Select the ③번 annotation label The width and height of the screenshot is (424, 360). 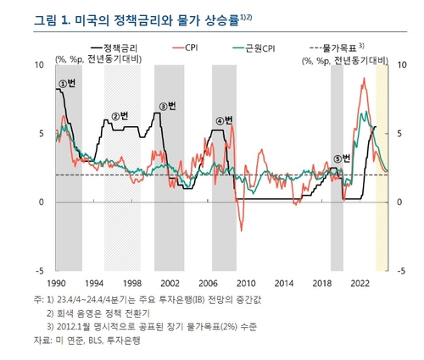coord(167,106)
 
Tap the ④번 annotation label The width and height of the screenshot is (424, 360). coord(224,120)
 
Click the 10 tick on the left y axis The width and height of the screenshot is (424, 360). coord(40,64)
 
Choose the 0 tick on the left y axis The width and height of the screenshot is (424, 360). coord(42,202)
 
